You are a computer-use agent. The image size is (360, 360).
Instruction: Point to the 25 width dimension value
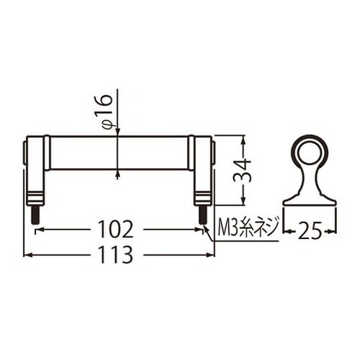tap(309, 230)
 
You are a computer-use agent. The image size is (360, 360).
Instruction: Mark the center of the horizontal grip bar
tap(120, 153)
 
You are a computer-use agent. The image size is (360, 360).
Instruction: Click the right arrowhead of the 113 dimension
tap(211, 254)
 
